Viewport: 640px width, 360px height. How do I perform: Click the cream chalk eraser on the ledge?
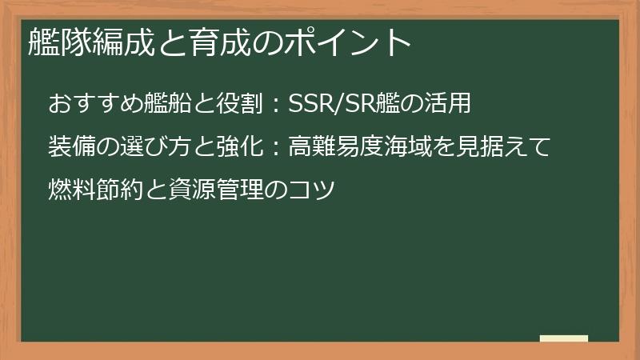coord(564,338)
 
